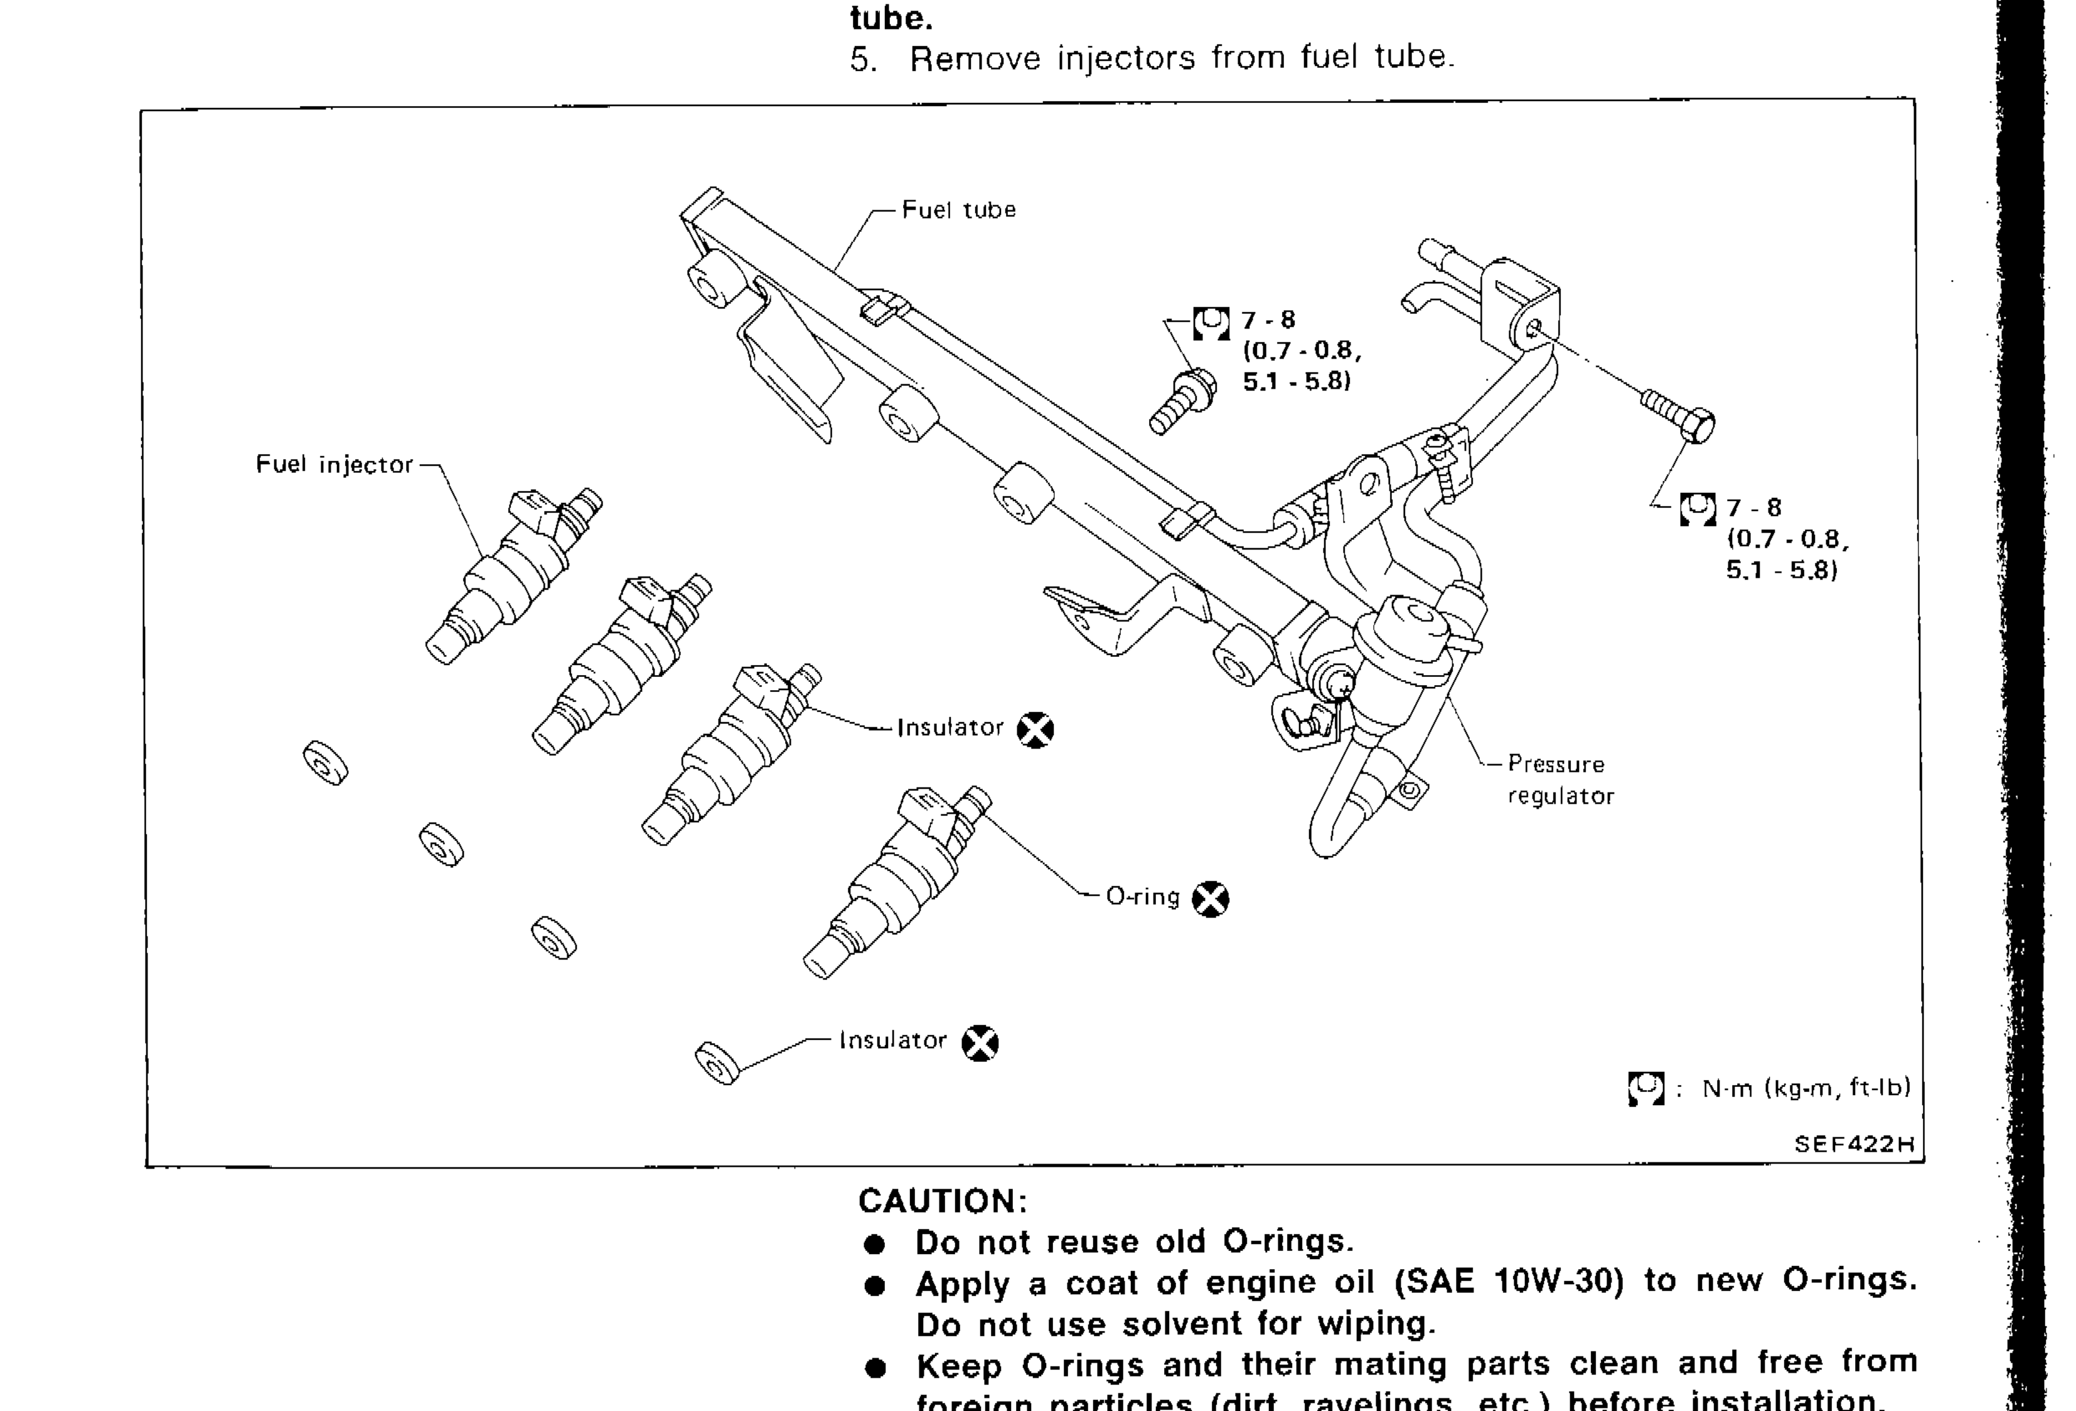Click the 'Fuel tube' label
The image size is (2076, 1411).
[958, 210]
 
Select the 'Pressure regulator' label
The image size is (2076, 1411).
[1560, 780]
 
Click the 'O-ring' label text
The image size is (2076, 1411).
[1143, 896]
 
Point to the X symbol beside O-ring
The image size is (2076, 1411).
[1211, 899]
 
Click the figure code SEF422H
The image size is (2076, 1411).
[1854, 1144]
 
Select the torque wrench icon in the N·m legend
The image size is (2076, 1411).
[1645, 1088]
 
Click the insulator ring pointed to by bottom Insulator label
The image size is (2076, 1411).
[717, 1063]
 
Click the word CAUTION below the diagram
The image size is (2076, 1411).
[943, 1201]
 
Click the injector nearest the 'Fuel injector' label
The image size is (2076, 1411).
[513, 576]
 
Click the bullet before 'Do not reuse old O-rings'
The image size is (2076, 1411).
[875, 1245]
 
